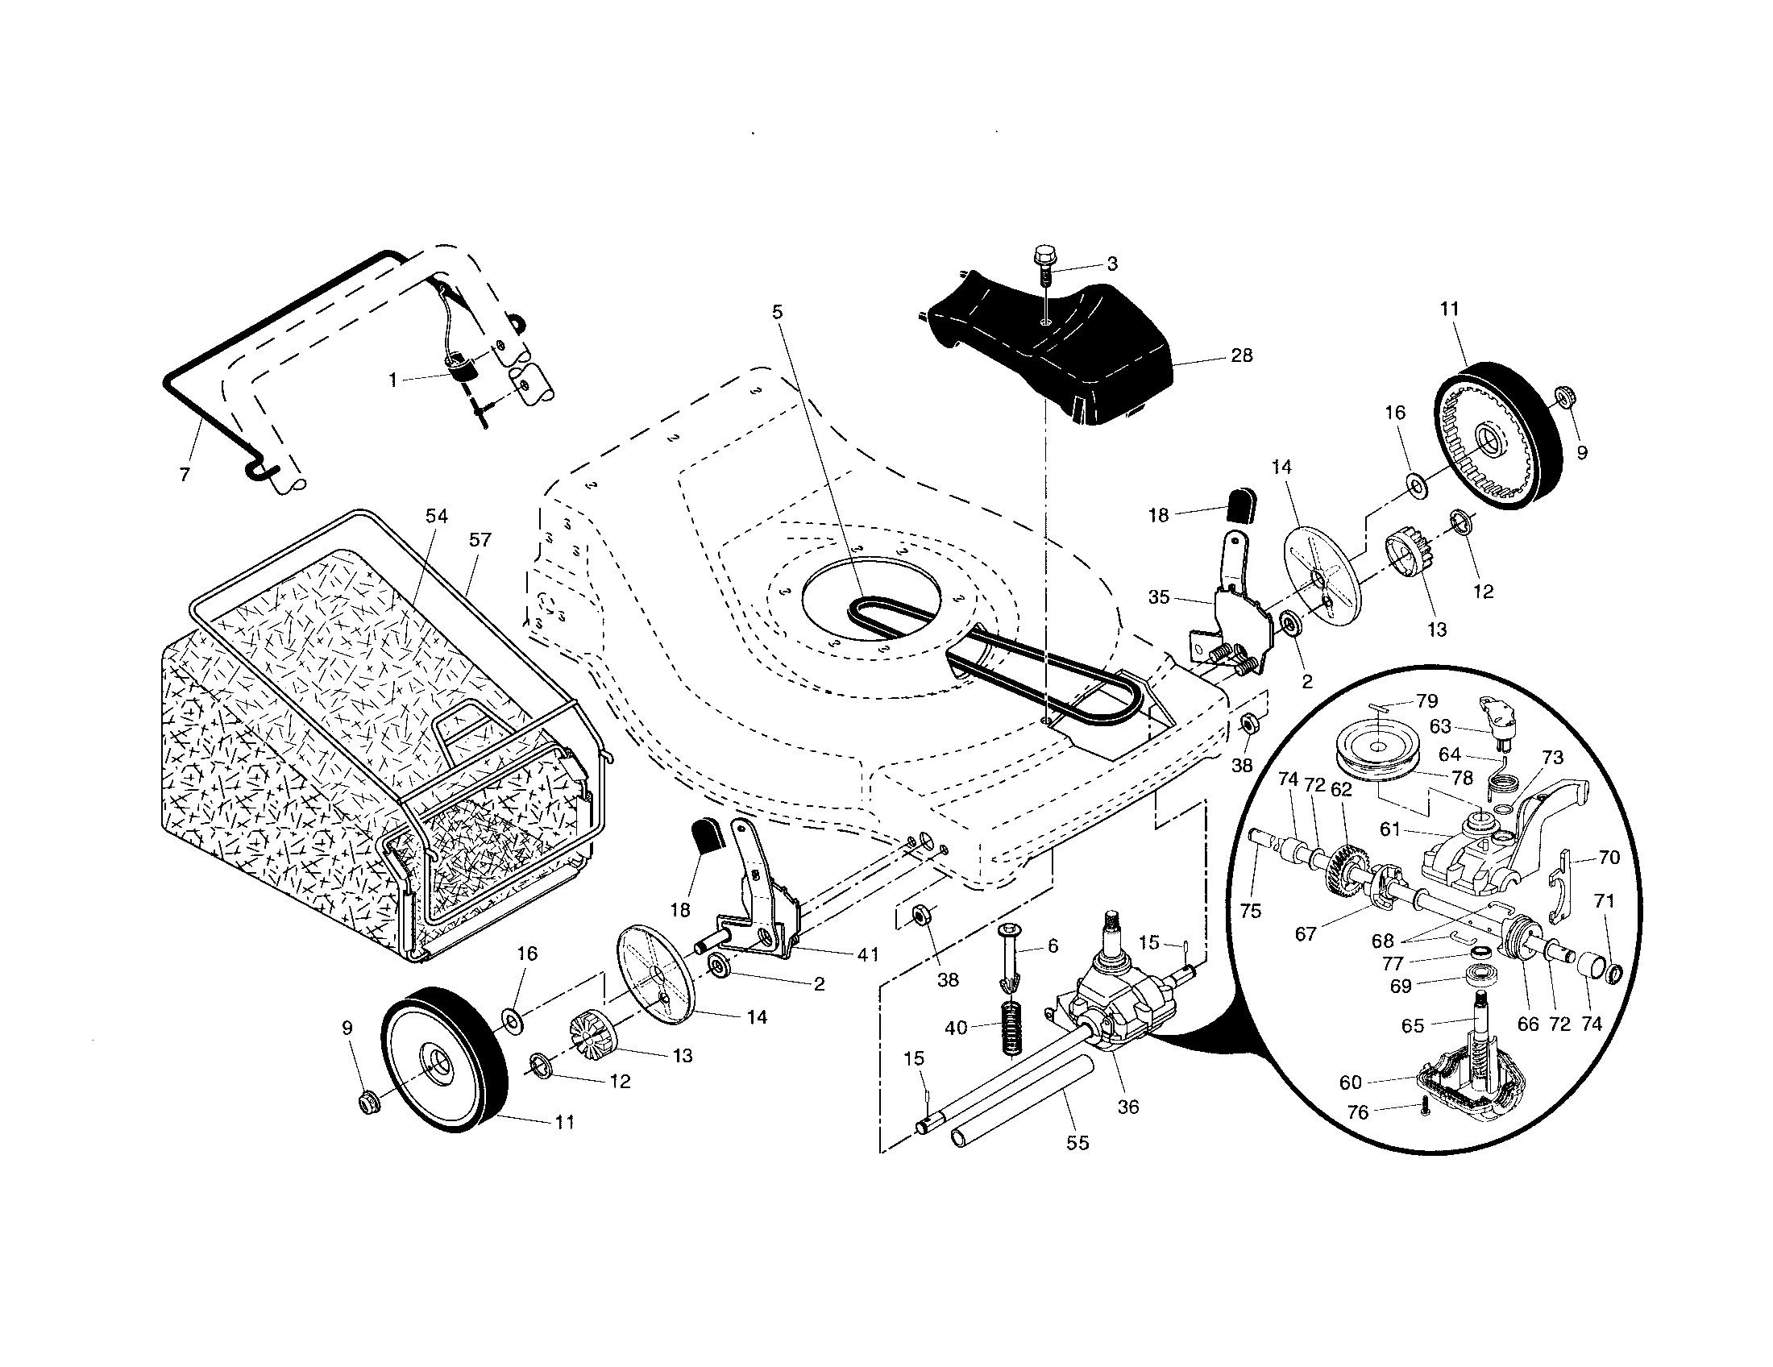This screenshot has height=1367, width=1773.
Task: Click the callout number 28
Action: pos(1242,355)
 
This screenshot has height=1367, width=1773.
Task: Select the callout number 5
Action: pos(778,312)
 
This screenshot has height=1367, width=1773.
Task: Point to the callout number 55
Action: pos(1078,1143)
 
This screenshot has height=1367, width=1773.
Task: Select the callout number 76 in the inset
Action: pos(1358,1113)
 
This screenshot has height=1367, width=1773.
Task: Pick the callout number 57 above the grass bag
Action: pos(480,540)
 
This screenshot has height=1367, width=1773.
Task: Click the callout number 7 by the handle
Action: pos(185,475)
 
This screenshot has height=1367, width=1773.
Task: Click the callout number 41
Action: pos(868,955)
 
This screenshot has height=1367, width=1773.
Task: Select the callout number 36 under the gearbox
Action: pos(1128,1107)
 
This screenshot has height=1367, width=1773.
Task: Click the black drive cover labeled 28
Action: pos(1080,349)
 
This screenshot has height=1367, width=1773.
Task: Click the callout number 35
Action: pos(1159,597)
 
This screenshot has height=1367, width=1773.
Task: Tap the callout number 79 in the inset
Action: pos(1426,701)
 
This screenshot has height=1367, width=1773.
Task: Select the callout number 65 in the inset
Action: pos(1414,1026)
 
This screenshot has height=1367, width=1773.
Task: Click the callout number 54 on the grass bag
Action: pos(437,517)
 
